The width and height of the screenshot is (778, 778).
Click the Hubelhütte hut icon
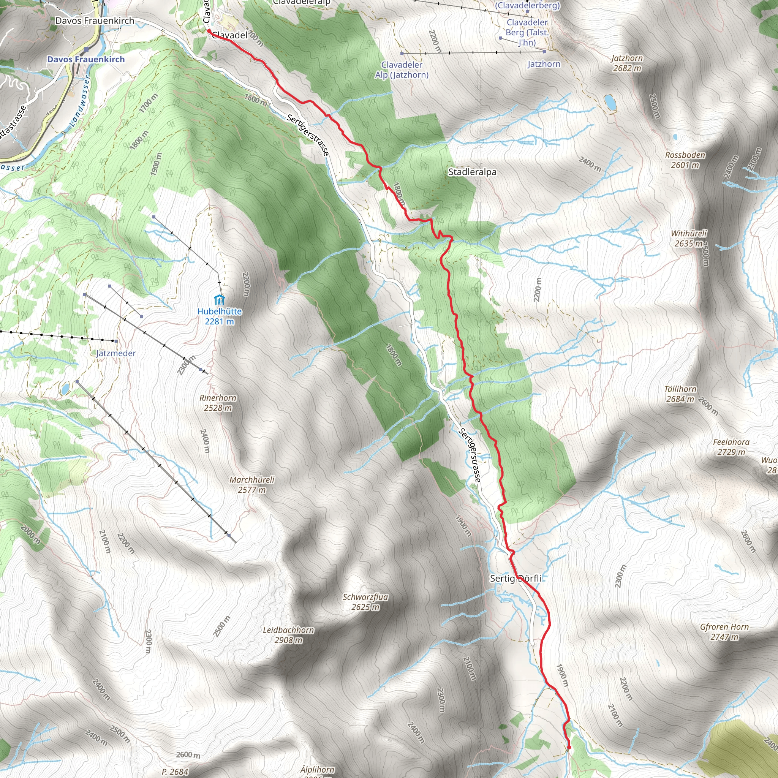pyautogui.click(x=220, y=300)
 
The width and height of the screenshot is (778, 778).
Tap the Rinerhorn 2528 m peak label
pyautogui.click(x=218, y=403)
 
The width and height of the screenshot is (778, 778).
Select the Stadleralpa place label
pyautogui.click(x=472, y=172)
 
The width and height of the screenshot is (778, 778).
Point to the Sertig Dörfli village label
pyautogui.click(x=516, y=578)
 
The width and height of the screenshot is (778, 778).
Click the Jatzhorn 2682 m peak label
pyautogui.click(x=627, y=63)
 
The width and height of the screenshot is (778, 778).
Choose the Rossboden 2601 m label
pyautogui.click(x=685, y=160)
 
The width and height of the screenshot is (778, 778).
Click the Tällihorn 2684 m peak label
pyautogui.click(x=680, y=394)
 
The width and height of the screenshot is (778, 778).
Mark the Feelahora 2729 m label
pyautogui.click(x=731, y=447)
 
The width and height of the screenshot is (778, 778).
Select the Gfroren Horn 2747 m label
pyautogui.click(x=724, y=632)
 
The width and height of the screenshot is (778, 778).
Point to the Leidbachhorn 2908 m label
pyautogui.click(x=288, y=635)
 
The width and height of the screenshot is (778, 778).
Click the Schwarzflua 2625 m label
pyautogui.click(x=365, y=602)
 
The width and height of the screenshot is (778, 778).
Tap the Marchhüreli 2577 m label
pyautogui.click(x=252, y=485)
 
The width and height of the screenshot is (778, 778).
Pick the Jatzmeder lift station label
pyautogui.click(x=116, y=353)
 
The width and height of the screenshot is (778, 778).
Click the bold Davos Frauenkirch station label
pyautogui.click(x=86, y=59)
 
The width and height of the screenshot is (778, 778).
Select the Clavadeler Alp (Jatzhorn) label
pyautogui.click(x=402, y=70)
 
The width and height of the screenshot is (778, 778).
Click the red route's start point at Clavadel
pyautogui.click(x=209, y=31)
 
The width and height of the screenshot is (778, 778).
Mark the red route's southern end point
pyautogui.click(x=569, y=748)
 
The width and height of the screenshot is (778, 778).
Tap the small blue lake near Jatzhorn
pyautogui.click(x=610, y=102)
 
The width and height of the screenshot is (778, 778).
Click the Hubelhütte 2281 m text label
pyautogui.click(x=220, y=316)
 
